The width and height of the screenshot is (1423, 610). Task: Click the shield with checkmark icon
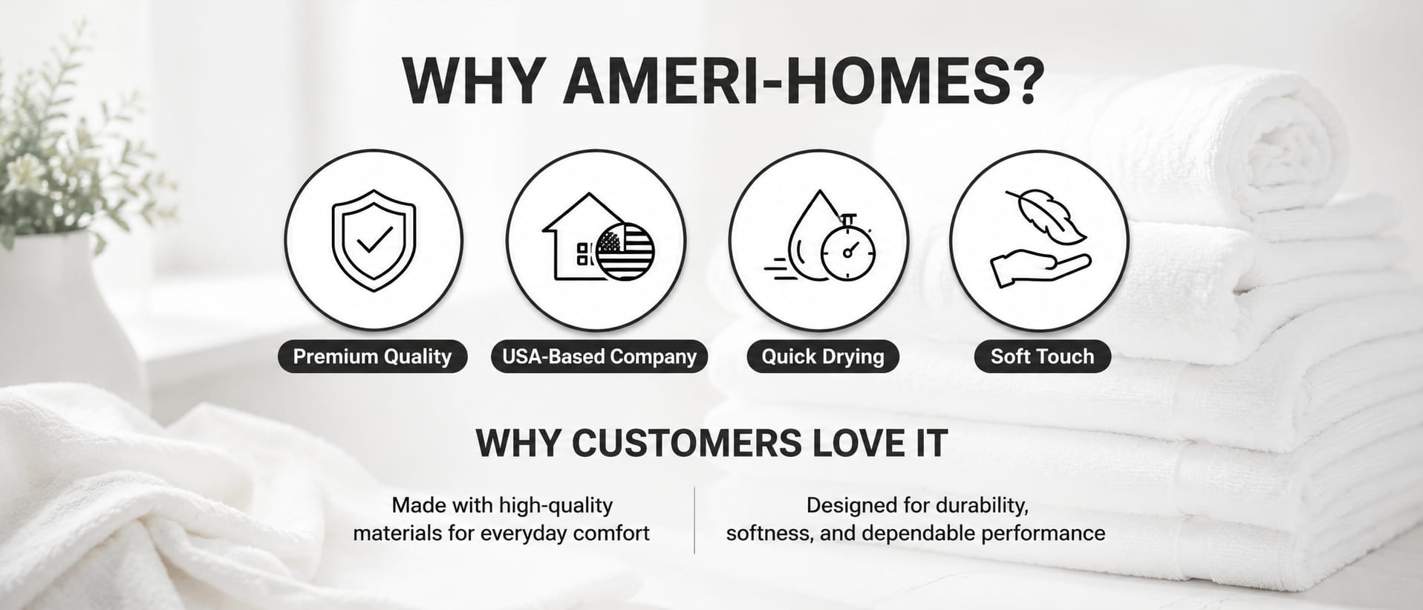point(374,240)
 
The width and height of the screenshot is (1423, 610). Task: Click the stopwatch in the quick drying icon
point(848,250)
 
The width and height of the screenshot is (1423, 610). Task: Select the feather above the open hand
point(1046,216)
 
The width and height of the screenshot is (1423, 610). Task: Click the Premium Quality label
point(372,357)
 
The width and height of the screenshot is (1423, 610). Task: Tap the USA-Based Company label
point(599,357)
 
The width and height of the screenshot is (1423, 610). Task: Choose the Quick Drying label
point(823,357)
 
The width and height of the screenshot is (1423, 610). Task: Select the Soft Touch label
point(1042,357)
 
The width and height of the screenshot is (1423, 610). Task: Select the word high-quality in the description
point(556,506)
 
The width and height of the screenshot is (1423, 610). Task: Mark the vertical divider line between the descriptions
point(694,520)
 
